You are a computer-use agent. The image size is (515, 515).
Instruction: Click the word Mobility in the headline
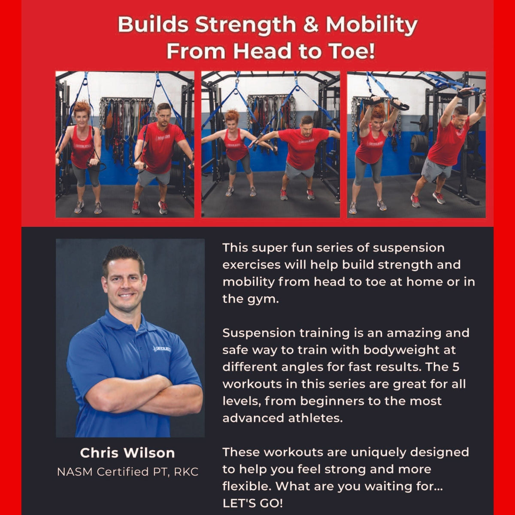(371, 25)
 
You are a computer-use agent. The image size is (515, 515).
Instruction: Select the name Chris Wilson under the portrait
(127, 453)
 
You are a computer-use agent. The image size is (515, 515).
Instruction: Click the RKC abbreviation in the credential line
(186, 472)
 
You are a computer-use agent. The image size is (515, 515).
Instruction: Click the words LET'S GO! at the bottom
(252, 503)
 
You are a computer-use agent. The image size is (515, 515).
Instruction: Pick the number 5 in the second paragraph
(455, 367)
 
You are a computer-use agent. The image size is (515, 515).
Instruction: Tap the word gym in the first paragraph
(264, 299)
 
